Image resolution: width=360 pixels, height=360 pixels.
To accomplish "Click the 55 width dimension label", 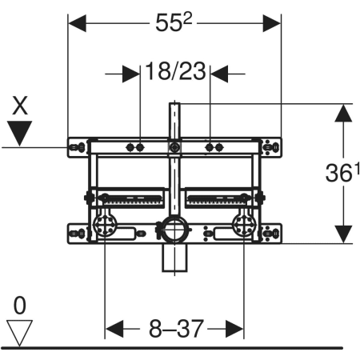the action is click(174, 23).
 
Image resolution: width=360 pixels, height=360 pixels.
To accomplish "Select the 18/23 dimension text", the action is click(175, 71).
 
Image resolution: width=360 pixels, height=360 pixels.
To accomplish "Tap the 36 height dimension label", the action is click(342, 173).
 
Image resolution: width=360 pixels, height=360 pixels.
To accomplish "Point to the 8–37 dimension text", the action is click(176, 329).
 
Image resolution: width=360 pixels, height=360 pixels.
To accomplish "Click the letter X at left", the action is click(20, 106).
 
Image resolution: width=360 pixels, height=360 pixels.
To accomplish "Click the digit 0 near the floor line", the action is click(20, 306).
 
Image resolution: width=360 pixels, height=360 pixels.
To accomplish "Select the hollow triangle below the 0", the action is click(19, 333).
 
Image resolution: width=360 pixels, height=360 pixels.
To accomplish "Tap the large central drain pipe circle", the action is click(174, 230).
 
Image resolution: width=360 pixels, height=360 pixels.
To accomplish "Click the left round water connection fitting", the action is click(104, 226).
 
